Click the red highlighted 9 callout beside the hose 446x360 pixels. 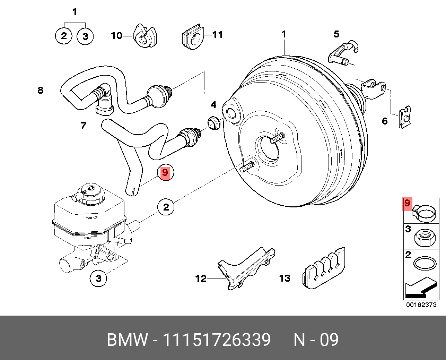165,173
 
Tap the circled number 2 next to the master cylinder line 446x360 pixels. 166,207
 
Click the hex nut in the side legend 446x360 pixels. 425,238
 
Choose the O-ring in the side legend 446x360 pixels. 425,264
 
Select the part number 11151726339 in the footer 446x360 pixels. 217,340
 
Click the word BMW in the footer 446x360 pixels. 127,340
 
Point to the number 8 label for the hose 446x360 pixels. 41,91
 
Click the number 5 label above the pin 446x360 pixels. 336,34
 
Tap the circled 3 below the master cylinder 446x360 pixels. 98,278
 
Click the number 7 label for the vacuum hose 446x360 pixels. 84,126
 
